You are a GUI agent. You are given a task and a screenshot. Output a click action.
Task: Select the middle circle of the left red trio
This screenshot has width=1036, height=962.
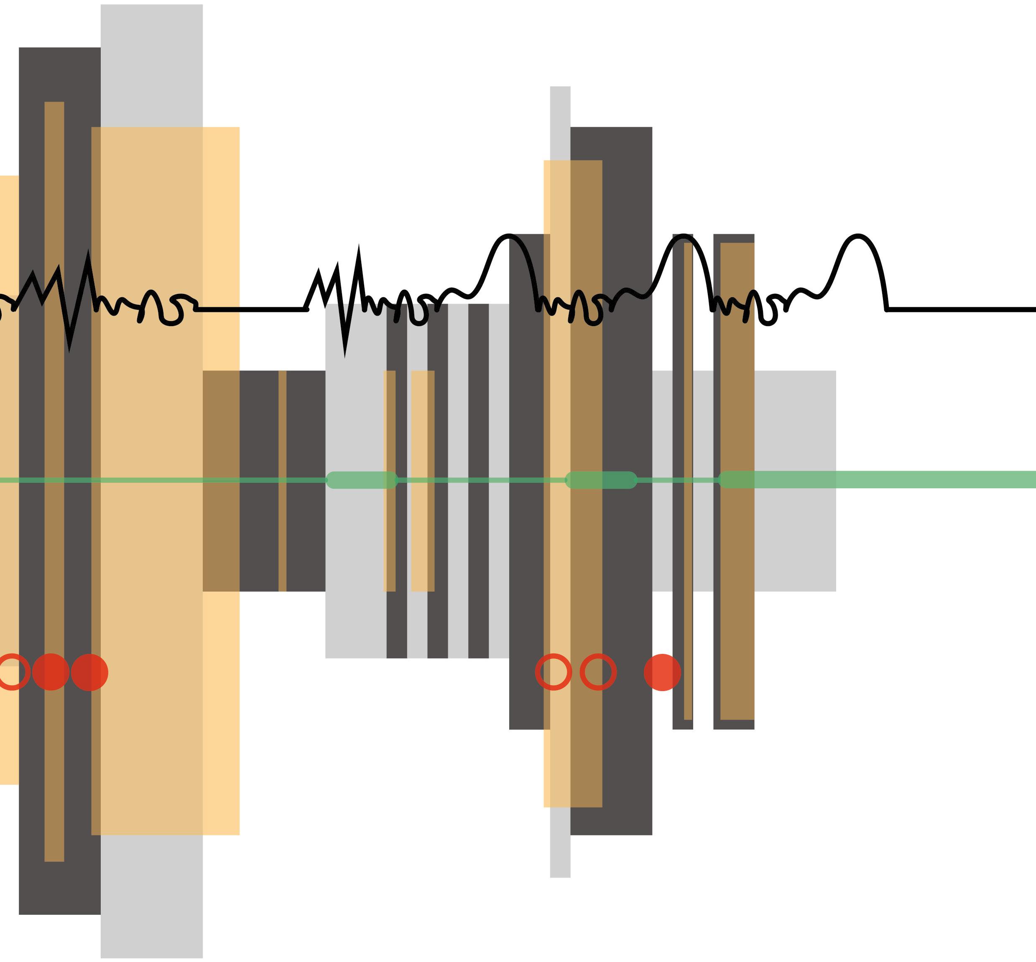51,672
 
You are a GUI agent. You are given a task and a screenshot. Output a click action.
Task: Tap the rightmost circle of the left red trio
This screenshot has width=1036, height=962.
89,672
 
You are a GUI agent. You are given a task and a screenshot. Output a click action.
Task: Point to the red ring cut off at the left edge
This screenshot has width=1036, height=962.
10,672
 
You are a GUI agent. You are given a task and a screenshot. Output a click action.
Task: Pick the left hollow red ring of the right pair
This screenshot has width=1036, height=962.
554,672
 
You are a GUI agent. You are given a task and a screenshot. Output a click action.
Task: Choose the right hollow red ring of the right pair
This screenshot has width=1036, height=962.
598,672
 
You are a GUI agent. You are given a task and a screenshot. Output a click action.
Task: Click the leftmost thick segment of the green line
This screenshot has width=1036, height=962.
362,480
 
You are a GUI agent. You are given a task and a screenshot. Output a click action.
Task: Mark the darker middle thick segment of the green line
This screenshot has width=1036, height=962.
601,480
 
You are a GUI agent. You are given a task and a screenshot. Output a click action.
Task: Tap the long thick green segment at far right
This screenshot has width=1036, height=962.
880,480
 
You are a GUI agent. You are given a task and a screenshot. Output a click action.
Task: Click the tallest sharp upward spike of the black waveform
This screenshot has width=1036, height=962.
359,250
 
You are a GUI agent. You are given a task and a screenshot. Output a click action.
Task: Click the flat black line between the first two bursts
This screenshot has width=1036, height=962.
250,309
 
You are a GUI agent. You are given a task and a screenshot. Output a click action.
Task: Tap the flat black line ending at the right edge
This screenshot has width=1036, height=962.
963,310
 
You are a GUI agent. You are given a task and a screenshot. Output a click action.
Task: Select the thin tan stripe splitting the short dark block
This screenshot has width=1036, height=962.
282,482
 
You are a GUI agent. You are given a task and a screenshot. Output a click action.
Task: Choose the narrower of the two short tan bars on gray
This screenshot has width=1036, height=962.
389,482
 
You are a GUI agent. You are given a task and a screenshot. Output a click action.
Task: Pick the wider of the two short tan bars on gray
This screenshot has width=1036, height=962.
423,482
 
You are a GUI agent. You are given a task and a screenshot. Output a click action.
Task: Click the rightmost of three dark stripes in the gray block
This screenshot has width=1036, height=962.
478,482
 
